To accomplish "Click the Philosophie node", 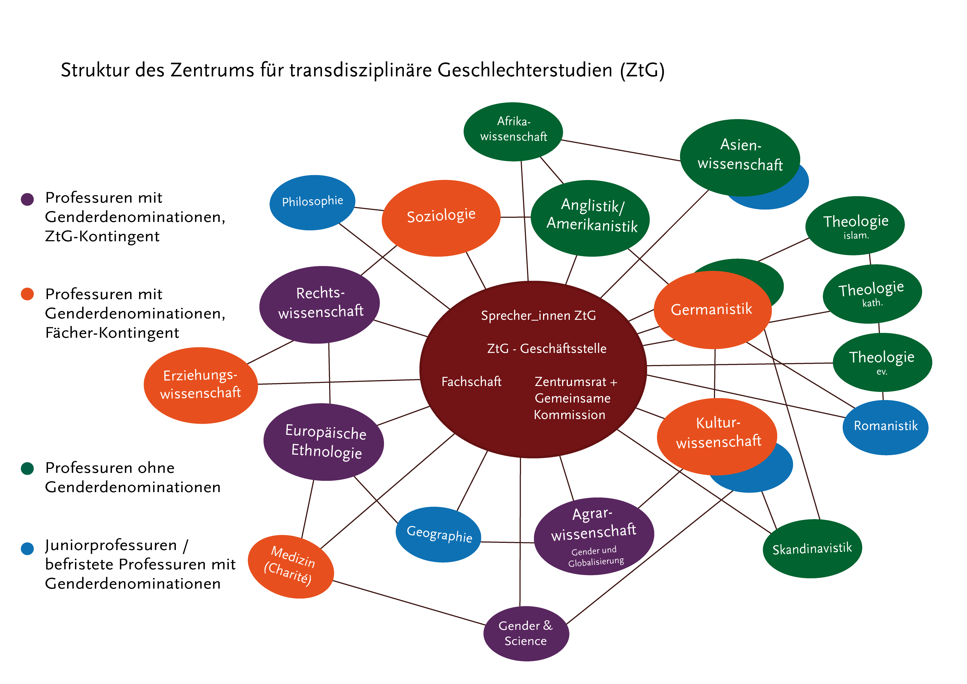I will (x=312, y=202).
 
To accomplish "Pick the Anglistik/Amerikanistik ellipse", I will (x=590, y=218).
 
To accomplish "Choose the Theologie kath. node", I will (x=872, y=294).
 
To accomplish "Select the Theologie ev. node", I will (x=882, y=362).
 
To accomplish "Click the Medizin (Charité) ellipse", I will (x=291, y=566).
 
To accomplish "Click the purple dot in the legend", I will (x=27, y=199).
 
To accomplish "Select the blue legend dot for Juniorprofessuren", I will (x=27, y=548).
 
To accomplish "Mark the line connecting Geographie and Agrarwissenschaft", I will (x=507, y=543).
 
